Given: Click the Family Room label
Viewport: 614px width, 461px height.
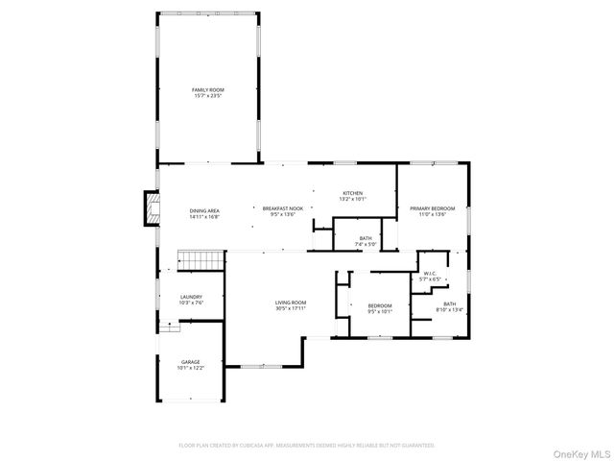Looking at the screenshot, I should click(207, 89).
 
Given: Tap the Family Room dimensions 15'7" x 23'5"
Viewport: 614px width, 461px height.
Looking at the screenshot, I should click(207, 96).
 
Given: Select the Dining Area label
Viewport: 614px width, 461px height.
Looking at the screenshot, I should click(204, 210).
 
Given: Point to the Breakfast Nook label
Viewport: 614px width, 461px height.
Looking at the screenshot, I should click(284, 208).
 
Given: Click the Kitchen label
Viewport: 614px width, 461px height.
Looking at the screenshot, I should click(353, 194).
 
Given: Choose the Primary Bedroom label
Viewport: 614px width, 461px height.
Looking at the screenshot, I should click(432, 208).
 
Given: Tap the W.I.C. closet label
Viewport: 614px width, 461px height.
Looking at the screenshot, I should click(431, 273).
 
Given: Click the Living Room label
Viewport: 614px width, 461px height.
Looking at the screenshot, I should click(291, 303).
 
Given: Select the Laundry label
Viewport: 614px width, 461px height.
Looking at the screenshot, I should click(191, 297).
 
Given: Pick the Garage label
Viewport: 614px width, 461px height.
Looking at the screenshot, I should click(191, 362).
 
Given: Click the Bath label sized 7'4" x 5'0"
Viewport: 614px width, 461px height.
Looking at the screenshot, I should click(366, 238).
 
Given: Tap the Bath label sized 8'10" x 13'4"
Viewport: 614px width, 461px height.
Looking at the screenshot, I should click(449, 303).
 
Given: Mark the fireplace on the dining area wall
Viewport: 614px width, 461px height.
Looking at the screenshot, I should click(150, 208).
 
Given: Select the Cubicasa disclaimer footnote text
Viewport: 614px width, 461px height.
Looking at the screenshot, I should click(307, 446).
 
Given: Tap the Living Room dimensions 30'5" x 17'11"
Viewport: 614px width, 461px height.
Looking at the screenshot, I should click(291, 309).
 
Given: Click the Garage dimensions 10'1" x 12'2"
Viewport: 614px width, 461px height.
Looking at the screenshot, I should click(191, 368).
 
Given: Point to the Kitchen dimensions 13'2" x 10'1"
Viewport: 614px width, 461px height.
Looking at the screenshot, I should click(353, 200).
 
